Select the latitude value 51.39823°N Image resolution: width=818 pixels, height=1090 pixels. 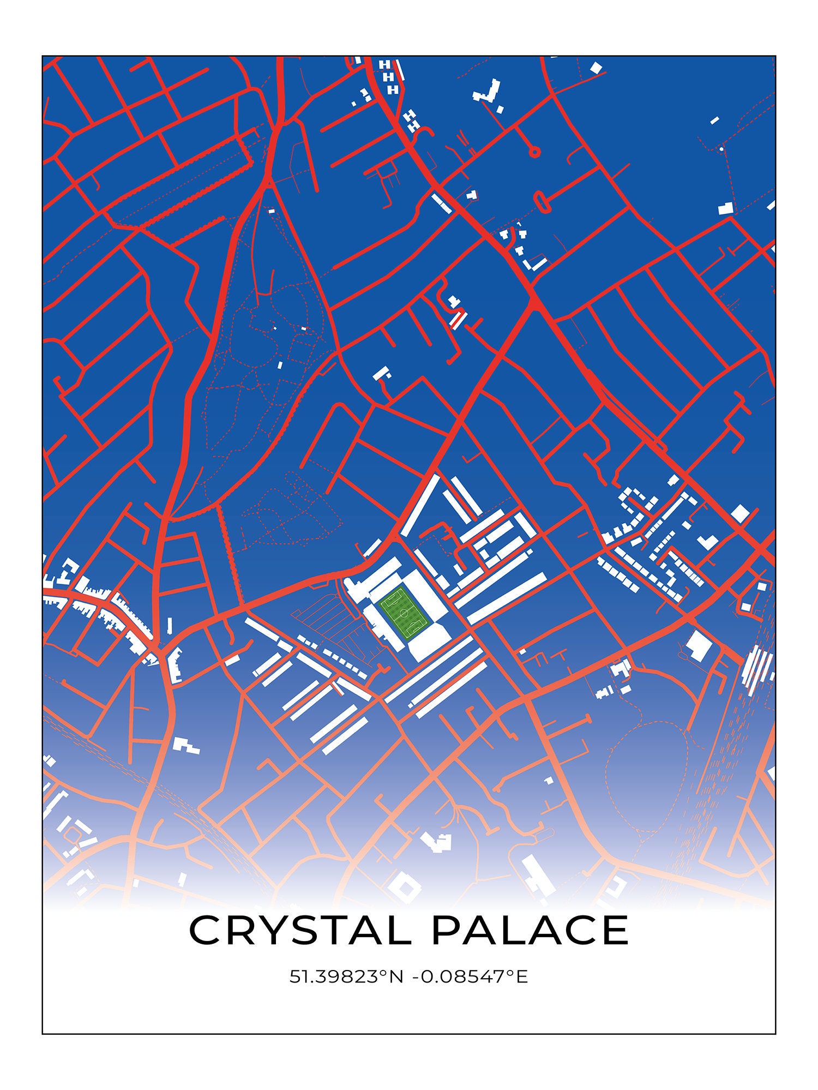coord(346,977)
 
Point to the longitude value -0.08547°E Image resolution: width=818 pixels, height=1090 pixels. coord(470,977)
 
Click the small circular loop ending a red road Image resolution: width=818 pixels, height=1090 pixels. coord(534,152)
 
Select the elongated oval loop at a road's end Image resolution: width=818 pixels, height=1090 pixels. coord(542,201)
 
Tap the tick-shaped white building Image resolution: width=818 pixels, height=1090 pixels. coord(708,542)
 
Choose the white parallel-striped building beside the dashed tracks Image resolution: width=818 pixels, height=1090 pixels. coord(757,669)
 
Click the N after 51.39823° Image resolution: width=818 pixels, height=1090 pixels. coord(396,977)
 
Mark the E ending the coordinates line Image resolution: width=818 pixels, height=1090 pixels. coord(522,977)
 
